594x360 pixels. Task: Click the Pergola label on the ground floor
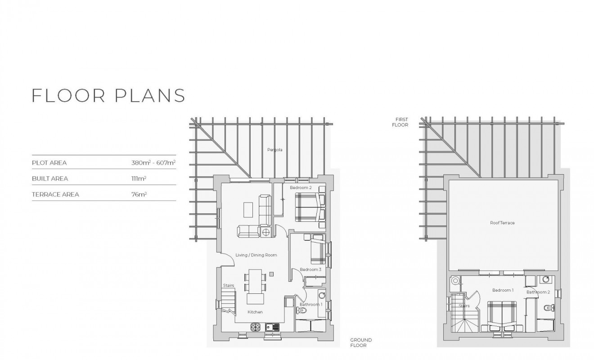coord(274,149)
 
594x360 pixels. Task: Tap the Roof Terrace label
coord(502,223)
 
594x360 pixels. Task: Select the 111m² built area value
coord(139,179)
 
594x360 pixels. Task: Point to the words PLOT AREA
coord(49,163)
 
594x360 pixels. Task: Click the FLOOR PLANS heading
coord(108,96)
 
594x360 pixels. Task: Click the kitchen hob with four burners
coord(256,328)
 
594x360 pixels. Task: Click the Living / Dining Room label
coord(256,255)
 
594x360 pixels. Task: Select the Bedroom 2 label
coord(301,187)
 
